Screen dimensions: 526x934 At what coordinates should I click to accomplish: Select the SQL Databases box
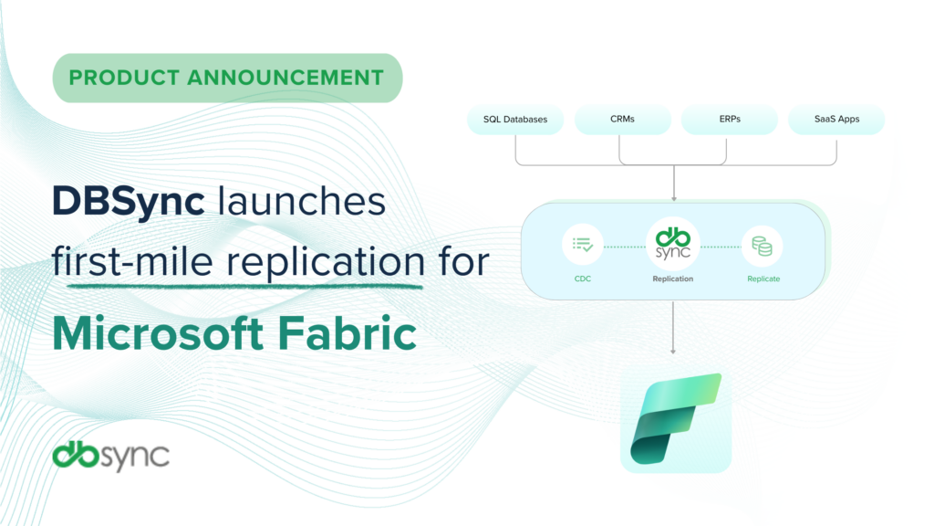point(515,120)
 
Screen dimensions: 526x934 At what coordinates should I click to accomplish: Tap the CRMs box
point(623,120)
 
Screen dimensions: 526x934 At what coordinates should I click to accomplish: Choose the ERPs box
point(729,120)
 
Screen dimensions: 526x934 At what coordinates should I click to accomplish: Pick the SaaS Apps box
point(836,120)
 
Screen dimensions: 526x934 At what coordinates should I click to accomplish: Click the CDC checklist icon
point(583,245)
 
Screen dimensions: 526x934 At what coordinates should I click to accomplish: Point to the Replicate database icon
point(763,245)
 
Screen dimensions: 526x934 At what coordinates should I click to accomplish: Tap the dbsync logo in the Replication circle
point(673,242)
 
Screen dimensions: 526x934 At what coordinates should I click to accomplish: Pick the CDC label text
point(583,279)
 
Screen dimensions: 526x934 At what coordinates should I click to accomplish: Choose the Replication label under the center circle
point(673,279)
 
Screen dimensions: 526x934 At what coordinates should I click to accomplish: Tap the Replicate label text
point(763,279)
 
